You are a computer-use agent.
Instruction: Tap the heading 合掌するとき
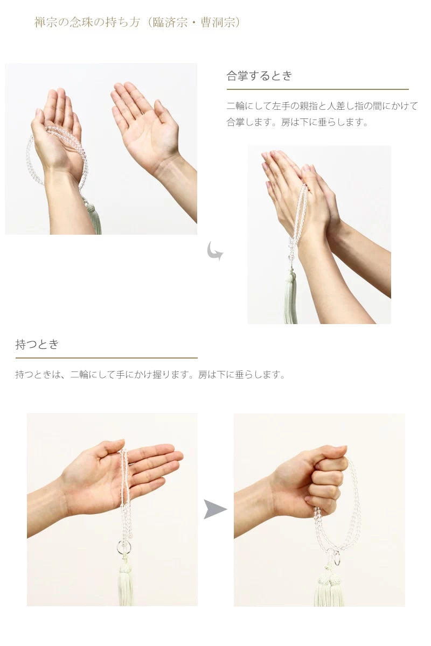click(259, 76)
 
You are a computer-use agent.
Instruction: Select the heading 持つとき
click(37, 345)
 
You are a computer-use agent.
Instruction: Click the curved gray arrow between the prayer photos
click(215, 251)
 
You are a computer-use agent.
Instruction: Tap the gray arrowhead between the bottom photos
click(215, 509)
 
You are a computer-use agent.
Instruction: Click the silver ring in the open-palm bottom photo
click(123, 548)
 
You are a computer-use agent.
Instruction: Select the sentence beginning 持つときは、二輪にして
click(150, 375)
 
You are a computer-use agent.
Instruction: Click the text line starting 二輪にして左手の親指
click(322, 106)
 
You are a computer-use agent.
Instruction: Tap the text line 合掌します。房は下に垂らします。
click(298, 122)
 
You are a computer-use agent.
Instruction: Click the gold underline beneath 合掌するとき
click(317, 89)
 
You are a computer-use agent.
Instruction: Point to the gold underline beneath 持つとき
click(106, 357)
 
